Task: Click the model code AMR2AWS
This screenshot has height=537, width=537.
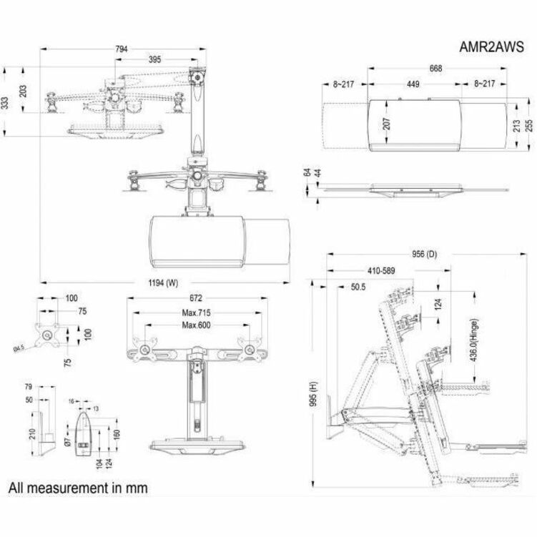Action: coord(492,48)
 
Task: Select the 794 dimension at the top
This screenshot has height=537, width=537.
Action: coord(122,49)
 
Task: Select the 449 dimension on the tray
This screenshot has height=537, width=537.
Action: coord(413,84)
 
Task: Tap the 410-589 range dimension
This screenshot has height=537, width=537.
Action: coord(381,271)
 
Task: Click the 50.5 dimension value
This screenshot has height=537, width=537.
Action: coord(360,287)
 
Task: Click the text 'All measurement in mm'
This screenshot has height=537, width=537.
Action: coord(78,488)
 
